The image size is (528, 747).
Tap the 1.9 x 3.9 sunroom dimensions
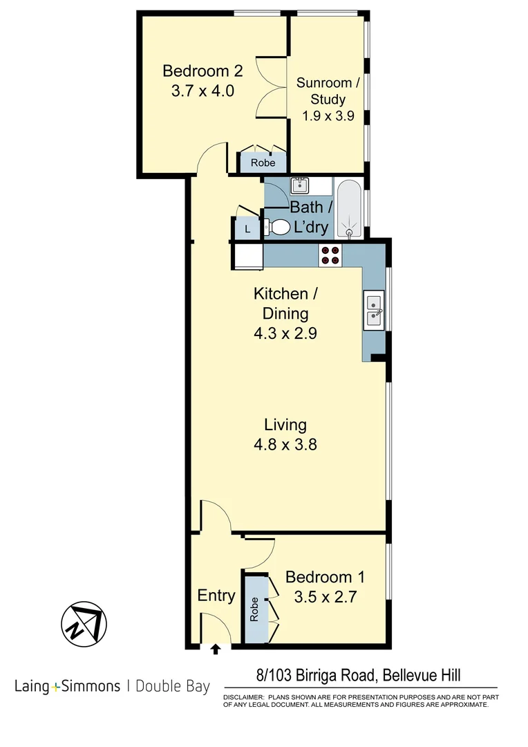point(328,116)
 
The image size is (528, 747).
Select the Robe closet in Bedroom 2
point(263,163)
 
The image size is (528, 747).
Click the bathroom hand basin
point(300,185)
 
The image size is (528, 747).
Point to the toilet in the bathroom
point(278,228)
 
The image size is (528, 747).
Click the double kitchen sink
point(374,309)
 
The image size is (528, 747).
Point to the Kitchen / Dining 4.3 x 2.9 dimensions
point(285,333)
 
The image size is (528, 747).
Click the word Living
point(285,425)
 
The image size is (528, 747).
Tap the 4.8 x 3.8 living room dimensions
point(285,445)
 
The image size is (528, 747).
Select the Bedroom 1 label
point(325,577)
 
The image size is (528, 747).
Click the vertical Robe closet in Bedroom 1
point(254,609)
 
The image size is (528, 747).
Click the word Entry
point(216,596)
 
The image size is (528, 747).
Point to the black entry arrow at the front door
point(216,649)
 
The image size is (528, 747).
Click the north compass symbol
point(82,625)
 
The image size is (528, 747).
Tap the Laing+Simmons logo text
point(66,687)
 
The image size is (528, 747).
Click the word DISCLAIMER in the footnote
point(243,697)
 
